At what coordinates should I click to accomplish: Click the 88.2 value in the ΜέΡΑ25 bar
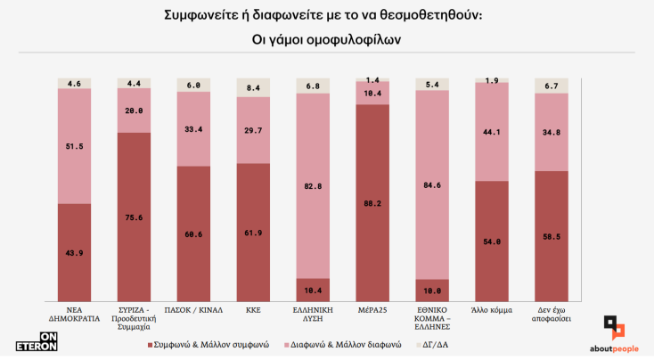[x=372, y=202]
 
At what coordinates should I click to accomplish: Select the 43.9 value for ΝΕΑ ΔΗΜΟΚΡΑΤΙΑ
[x=75, y=254]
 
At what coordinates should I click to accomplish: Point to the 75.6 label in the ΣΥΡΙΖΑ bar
[x=135, y=216]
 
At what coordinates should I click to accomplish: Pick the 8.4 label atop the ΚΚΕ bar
[x=253, y=87]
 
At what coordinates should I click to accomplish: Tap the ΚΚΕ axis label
[x=253, y=311]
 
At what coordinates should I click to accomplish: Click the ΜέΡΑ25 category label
[x=372, y=311]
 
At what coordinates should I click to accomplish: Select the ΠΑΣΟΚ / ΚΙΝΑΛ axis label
[x=193, y=311]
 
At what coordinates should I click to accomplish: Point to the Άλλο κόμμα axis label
[x=492, y=311]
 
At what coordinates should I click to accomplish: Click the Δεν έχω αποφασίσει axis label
[x=551, y=315]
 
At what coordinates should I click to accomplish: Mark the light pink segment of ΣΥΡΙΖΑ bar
[x=135, y=110]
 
